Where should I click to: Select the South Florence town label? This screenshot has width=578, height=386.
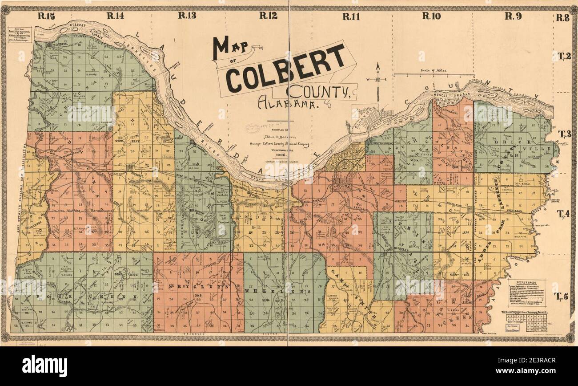[x=381, y=143]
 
